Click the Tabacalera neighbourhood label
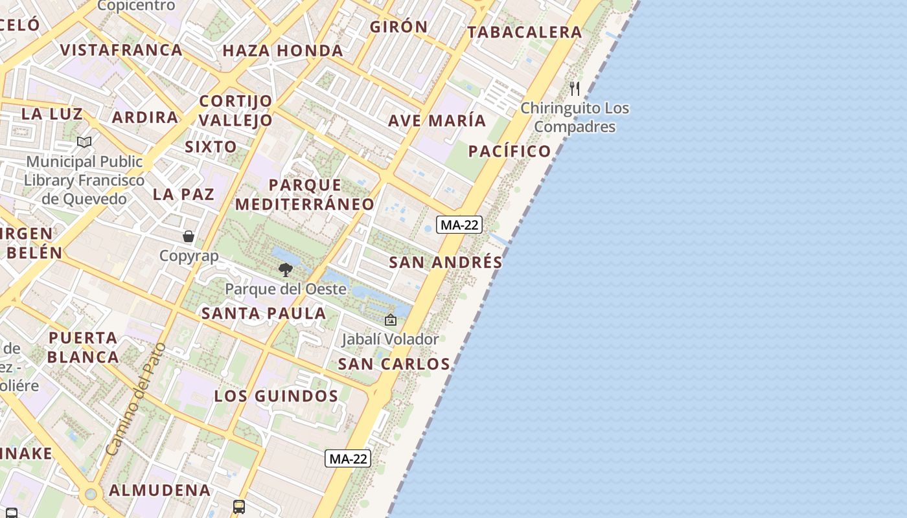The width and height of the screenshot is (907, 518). (525, 32)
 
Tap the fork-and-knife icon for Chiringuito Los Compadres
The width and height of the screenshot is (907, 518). (575, 88)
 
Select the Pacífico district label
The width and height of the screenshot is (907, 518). (509, 151)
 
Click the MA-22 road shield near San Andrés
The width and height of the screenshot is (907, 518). (459, 225)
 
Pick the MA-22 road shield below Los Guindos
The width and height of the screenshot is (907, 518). (349, 458)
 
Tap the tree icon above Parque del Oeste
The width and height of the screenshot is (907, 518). (285, 270)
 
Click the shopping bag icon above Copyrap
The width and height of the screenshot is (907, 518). (189, 236)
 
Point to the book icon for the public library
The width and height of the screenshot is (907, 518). (84, 142)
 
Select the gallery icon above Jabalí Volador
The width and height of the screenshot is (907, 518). (391, 319)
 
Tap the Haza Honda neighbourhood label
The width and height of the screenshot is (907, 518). (282, 51)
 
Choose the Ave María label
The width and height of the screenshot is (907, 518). (437, 120)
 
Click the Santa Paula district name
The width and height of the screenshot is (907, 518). (264, 313)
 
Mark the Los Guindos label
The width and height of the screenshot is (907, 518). (277, 396)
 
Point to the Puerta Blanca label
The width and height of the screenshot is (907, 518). (83, 347)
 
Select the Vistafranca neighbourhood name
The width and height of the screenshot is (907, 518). (121, 50)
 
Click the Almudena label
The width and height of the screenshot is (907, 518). (159, 490)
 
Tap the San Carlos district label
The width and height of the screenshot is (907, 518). (394, 364)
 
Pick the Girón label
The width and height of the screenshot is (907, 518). (398, 27)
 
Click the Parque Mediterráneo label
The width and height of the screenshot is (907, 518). (304, 194)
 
